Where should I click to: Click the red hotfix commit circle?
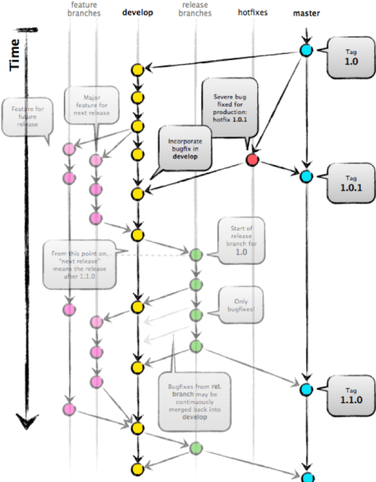[x=253, y=160]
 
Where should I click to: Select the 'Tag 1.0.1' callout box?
[x=347, y=184]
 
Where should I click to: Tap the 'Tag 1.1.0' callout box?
[x=347, y=395]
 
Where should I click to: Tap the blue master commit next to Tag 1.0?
[x=306, y=51]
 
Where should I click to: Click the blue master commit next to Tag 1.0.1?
[x=306, y=177]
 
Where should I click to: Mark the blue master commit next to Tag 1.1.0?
[x=306, y=390]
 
